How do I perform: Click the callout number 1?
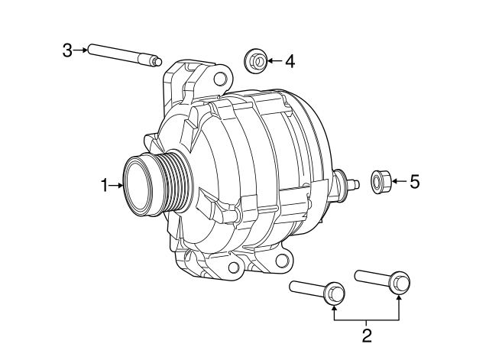point(105,184)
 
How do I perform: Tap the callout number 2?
point(367,335)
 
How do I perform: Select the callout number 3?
point(67,50)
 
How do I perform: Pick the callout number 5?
point(415,182)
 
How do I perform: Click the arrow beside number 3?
point(79,50)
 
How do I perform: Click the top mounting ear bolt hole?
point(222,78)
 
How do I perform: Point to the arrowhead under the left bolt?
point(334,309)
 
